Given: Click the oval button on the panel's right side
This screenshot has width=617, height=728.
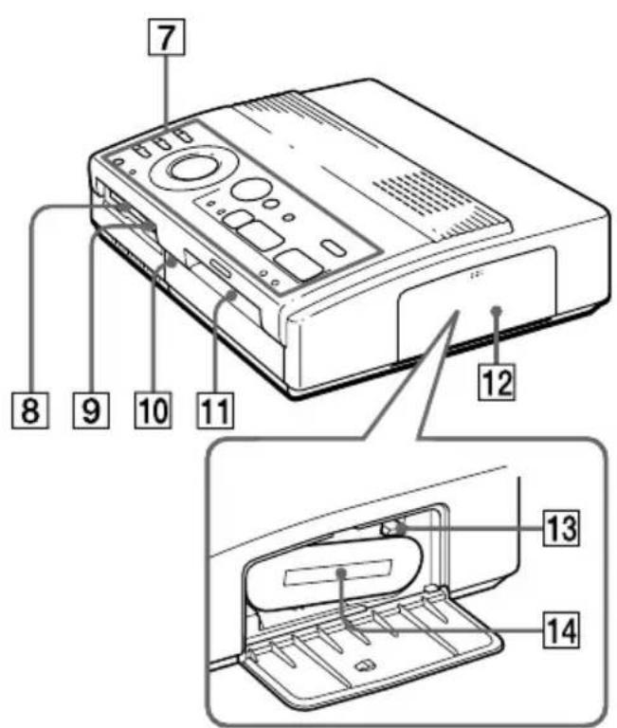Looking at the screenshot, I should [334, 247].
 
